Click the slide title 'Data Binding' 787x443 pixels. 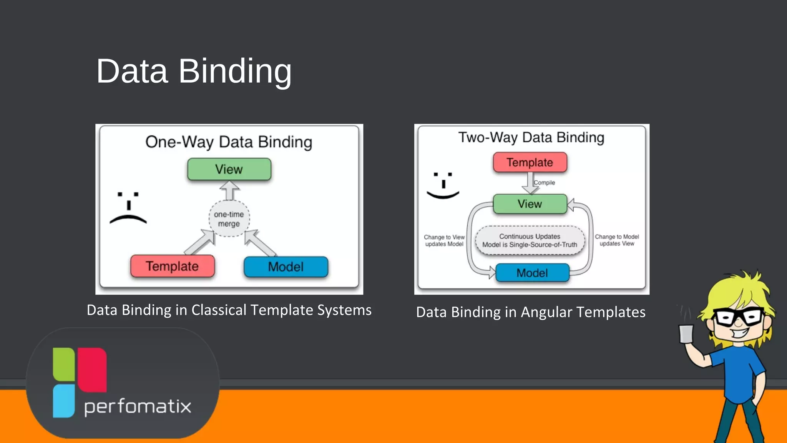[x=194, y=71]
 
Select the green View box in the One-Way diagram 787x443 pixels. [x=229, y=169]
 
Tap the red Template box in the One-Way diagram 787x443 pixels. [x=172, y=266]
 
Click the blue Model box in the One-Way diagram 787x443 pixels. [x=286, y=267]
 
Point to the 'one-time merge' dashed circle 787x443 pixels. [x=229, y=219]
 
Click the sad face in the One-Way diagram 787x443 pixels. [x=128, y=208]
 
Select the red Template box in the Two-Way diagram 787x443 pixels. [x=530, y=162]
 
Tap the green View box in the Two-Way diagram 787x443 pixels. [x=530, y=204]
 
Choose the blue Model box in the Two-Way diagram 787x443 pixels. [x=532, y=273]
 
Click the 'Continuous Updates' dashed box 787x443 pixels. [x=530, y=241]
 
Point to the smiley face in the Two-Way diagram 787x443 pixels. [x=443, y=185]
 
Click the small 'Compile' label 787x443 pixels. [x=545, y=183]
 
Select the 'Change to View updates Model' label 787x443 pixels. [x=444, y=241]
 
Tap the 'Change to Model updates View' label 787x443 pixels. [x=617, y=240]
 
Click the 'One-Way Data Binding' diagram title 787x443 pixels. [x=229, y=142]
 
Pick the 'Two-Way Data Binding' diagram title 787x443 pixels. [x=531, y=137]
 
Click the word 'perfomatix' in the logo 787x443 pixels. [x=138, y=406]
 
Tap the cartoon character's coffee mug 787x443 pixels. [x=686, y=333]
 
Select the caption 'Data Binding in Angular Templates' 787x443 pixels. [x=531, y=312]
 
